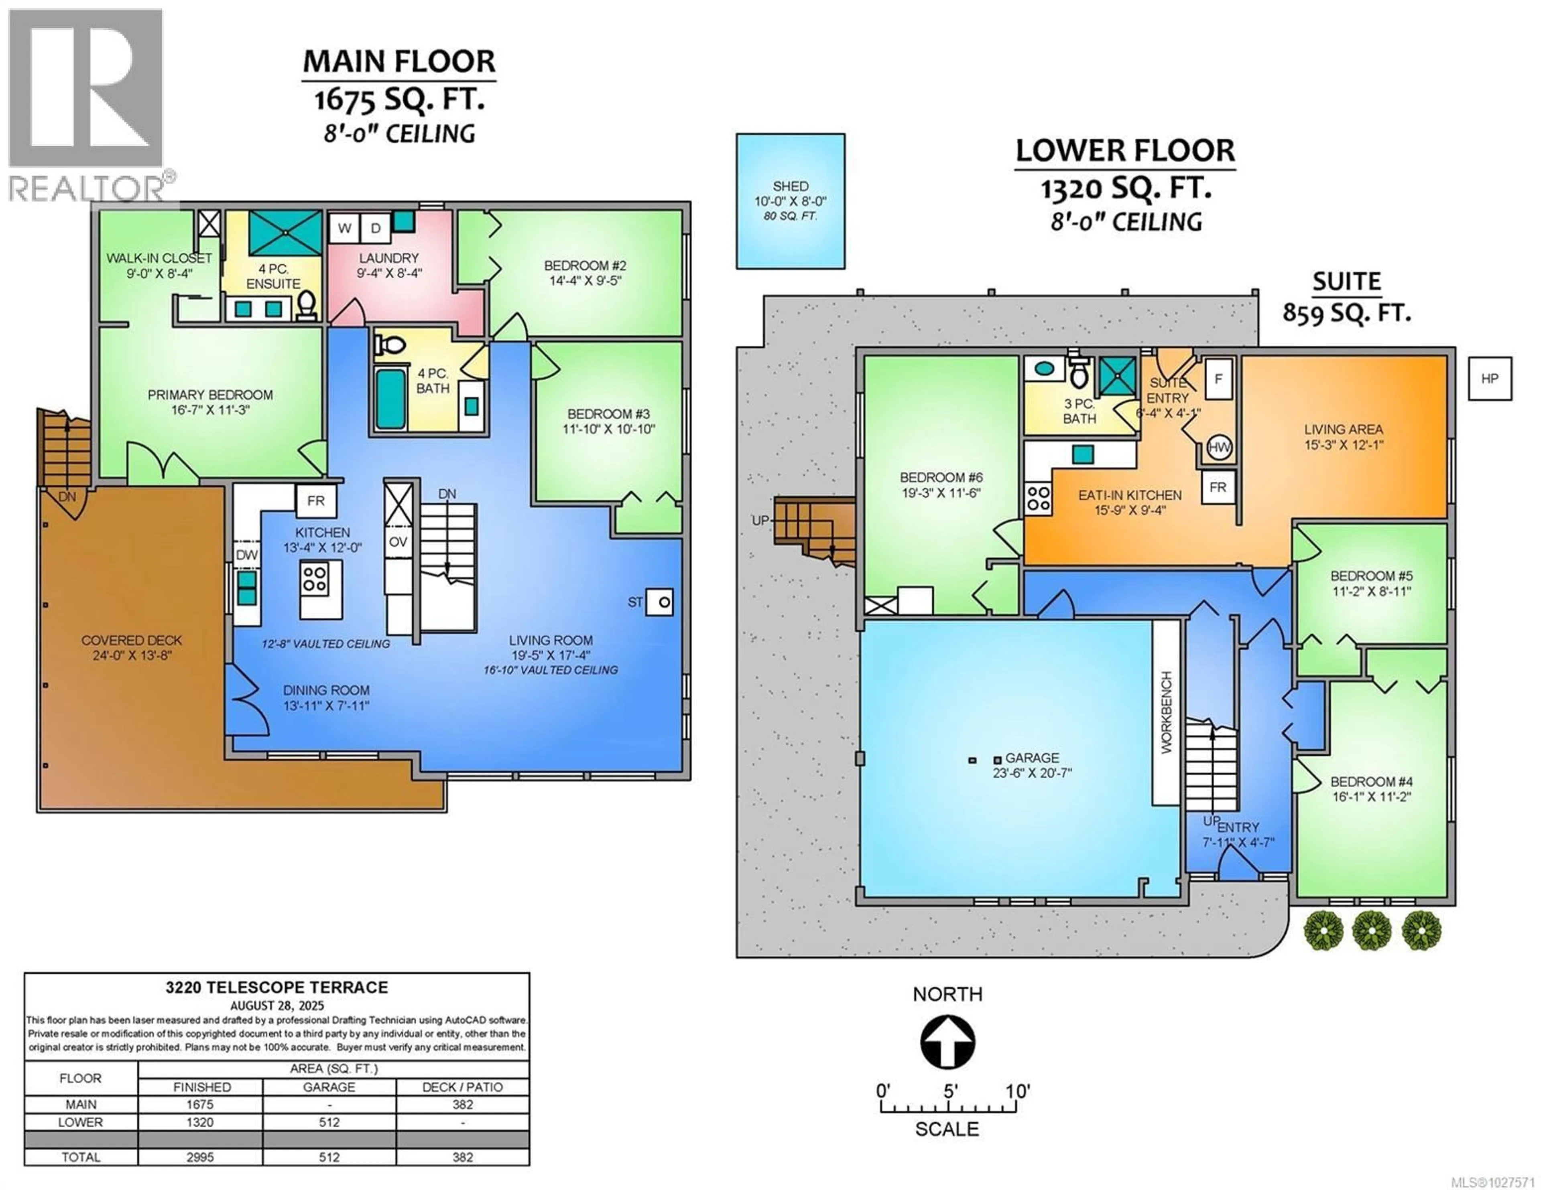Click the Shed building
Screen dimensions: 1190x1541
[790, 201]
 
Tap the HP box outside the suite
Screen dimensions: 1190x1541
[1490, 379]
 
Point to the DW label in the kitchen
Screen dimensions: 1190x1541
[246, 555]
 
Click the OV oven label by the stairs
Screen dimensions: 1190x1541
[398, 542]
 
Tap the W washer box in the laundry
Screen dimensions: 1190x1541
[344, 228]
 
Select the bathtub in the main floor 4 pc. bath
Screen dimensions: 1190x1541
[390, 399]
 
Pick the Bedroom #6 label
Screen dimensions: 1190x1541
[941, 478]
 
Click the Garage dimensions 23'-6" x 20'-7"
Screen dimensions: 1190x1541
[1032, 773]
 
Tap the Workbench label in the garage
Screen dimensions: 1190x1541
[1166, 712]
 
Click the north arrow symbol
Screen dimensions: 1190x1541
[947, 1042]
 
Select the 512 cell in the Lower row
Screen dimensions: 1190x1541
[329, 1122]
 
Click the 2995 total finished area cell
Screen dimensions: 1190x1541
[200, 1157]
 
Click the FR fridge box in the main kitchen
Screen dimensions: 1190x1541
[315, 501]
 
